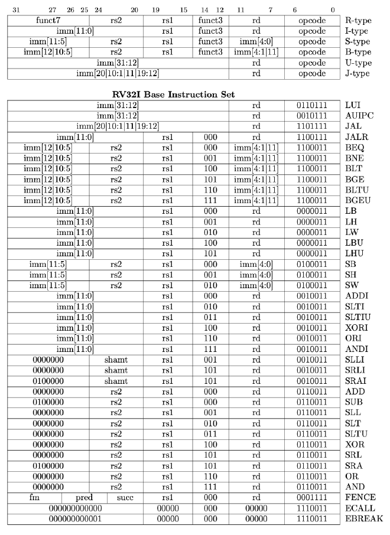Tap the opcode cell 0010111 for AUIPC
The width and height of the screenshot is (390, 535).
(x=312, y=116)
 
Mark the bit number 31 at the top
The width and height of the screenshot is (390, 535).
(x=16, y=9)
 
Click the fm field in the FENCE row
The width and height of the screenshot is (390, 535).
(x=34, y=498)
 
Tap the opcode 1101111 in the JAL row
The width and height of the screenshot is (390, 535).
(x=312, y=126)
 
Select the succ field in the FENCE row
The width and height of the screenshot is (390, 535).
(x=125, y=498)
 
